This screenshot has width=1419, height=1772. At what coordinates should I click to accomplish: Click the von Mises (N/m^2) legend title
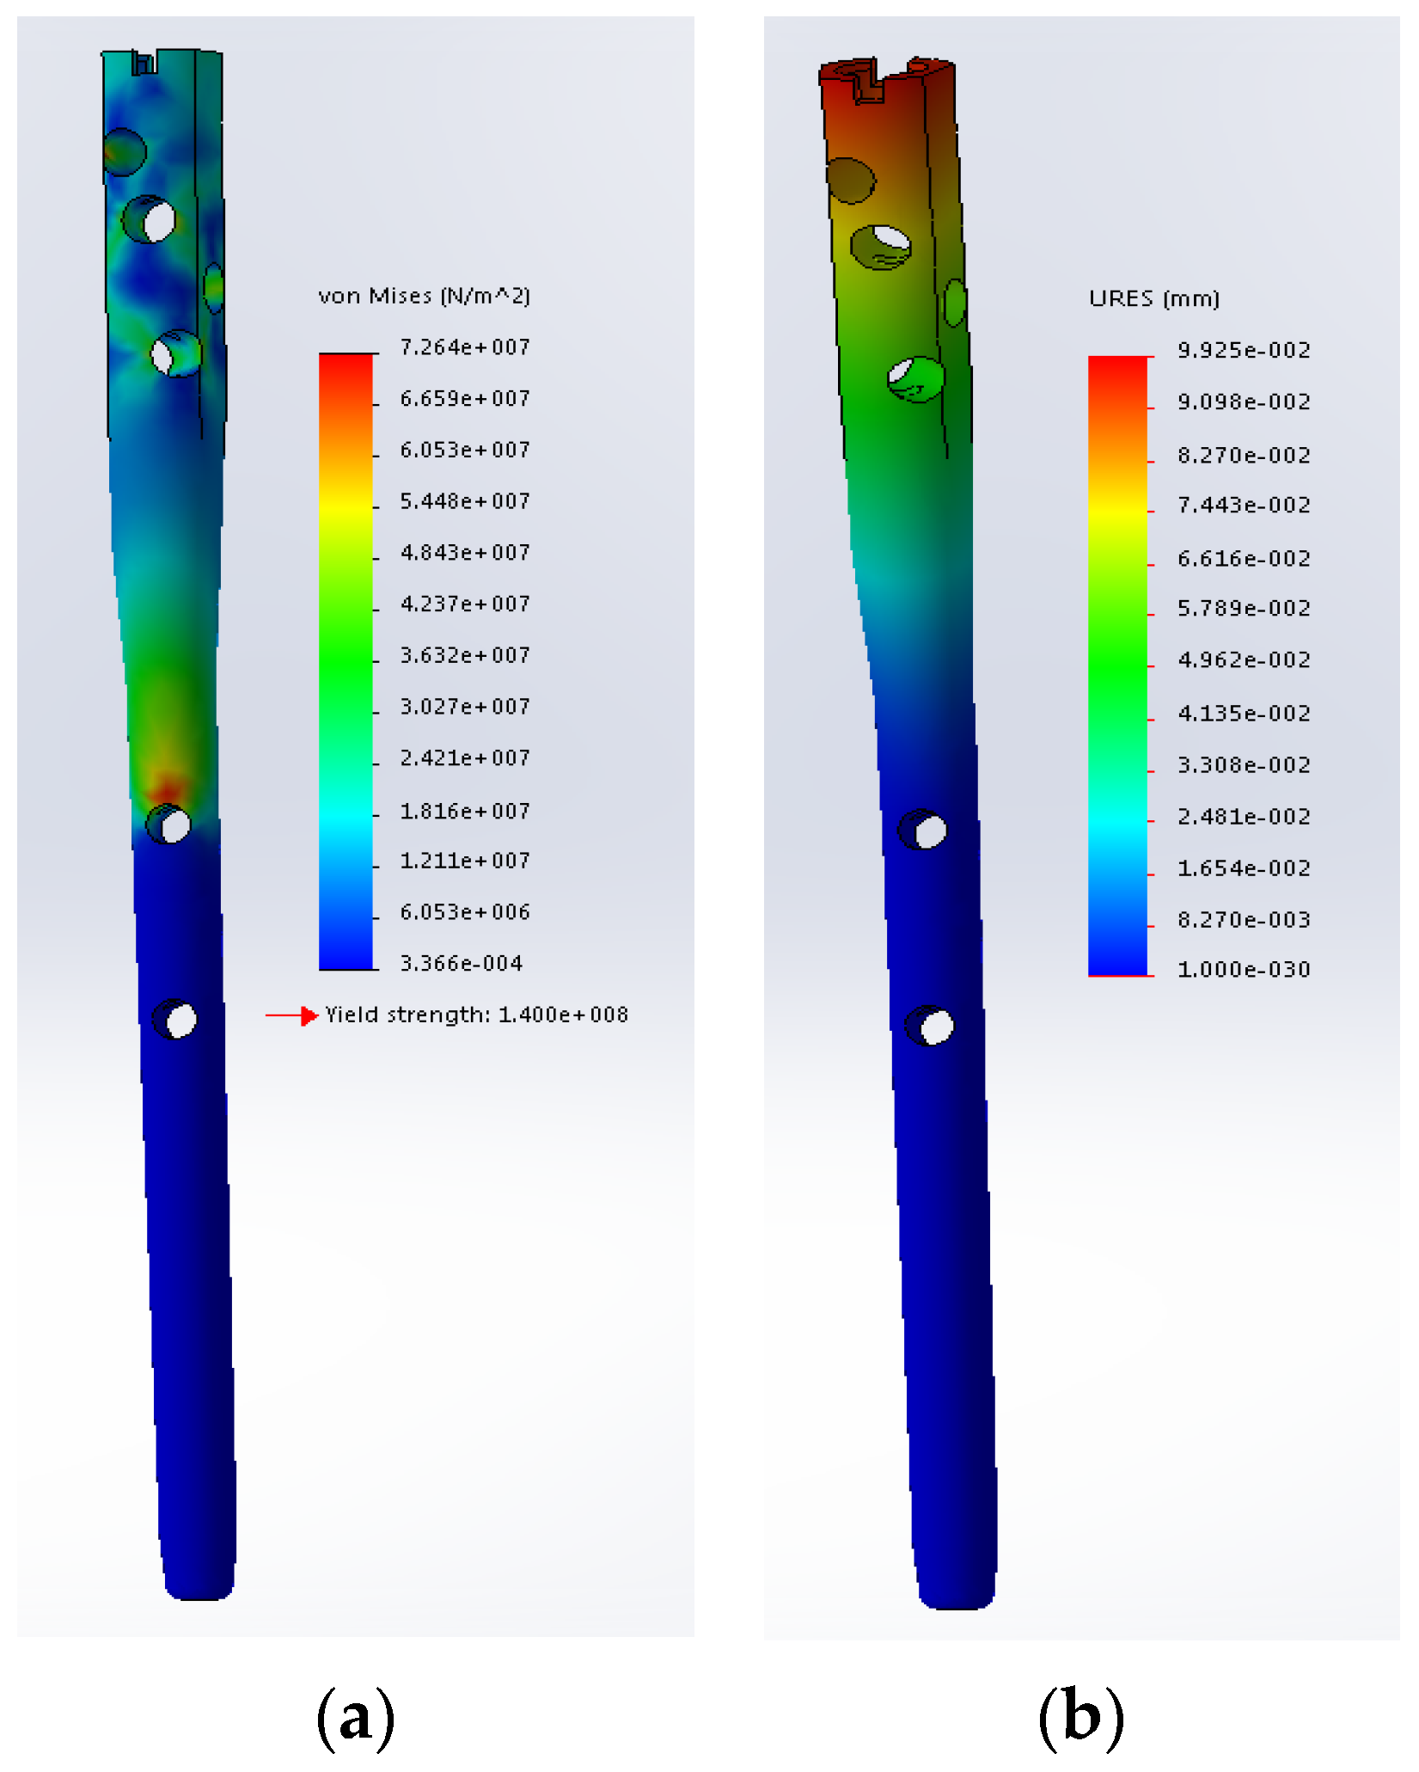tap(424, 297)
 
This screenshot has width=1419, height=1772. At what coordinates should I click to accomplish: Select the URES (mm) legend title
tap(1154, 299)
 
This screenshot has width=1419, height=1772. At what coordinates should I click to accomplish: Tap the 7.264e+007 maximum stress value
tap(465, 347)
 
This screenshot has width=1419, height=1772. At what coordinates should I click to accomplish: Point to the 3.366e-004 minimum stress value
tap(462, 964)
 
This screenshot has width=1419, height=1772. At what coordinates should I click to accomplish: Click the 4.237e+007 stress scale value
tap(465, 604)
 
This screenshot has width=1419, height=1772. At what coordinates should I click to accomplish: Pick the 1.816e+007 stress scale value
tap(465, 812)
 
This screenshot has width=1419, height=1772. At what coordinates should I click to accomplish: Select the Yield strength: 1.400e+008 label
tap(477, 1015)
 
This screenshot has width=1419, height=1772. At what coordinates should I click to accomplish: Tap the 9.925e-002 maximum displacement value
tap(1244, 351)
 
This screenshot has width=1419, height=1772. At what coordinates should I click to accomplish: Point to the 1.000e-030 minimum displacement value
tap(1244, 971)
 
